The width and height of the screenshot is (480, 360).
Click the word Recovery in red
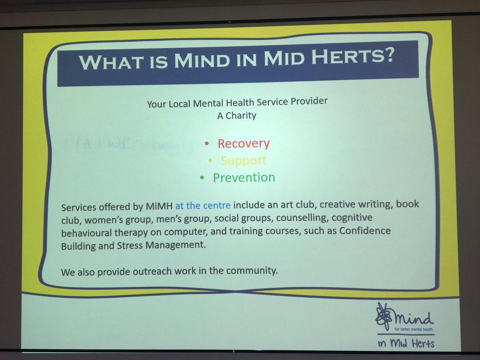pos(244,144)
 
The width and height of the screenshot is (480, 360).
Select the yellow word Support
pos(243,160)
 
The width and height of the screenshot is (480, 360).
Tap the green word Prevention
pos(244,178)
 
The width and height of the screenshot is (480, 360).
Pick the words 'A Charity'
pos(237,116)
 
